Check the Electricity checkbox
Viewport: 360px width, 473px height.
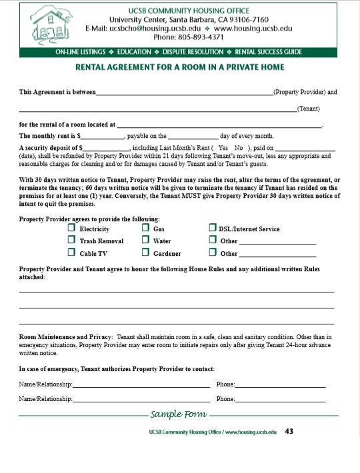click(x=71, y=229)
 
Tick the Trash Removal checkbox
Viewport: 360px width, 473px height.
click(x=71, y=240)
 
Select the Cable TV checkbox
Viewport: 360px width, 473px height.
click(x=71, y=252)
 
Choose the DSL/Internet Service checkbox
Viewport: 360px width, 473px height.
click(x=212, y=229)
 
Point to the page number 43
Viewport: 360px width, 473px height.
click(x=289, y=432)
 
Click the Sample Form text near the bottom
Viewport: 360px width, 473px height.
click(x=178, y=414)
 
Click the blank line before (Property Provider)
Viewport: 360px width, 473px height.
click(x=185, y=93)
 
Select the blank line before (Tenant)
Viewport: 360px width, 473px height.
click(x=157, y=109)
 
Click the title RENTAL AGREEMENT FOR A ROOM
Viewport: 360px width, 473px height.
click(x=180, y=67)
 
